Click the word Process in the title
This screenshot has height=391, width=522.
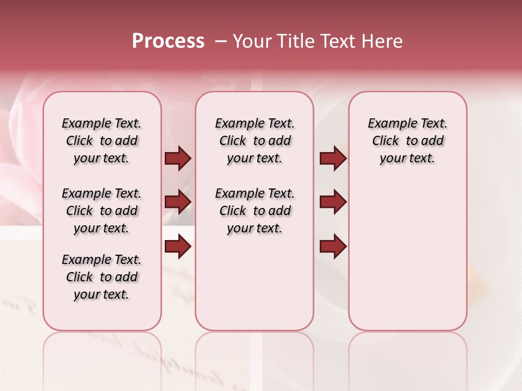tap(168, 41)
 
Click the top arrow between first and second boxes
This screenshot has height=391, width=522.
tap(178, 159)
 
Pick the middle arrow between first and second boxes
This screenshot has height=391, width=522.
tap(178, 203)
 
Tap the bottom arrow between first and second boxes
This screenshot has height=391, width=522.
tap(178, 247)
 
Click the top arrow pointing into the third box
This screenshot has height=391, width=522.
tap(333, 159)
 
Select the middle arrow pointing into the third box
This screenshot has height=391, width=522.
tap(333, 203)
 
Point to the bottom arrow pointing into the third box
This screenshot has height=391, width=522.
tap(333, 247)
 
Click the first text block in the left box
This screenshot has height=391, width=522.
tap(102, 141)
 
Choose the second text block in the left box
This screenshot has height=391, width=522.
tap(102, 211)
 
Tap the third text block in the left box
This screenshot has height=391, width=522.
tap(102, 277)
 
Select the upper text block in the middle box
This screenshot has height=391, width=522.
tap(254, 141)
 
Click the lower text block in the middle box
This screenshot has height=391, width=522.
tap(254, 211)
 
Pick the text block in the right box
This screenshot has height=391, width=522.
tap(407, 141)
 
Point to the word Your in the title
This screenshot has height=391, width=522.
tap(252, 41)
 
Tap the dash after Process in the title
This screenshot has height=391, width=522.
tap(220, 41)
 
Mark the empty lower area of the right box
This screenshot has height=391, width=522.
tap(407, 255)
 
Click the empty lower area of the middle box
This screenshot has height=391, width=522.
tap(254, 282)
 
